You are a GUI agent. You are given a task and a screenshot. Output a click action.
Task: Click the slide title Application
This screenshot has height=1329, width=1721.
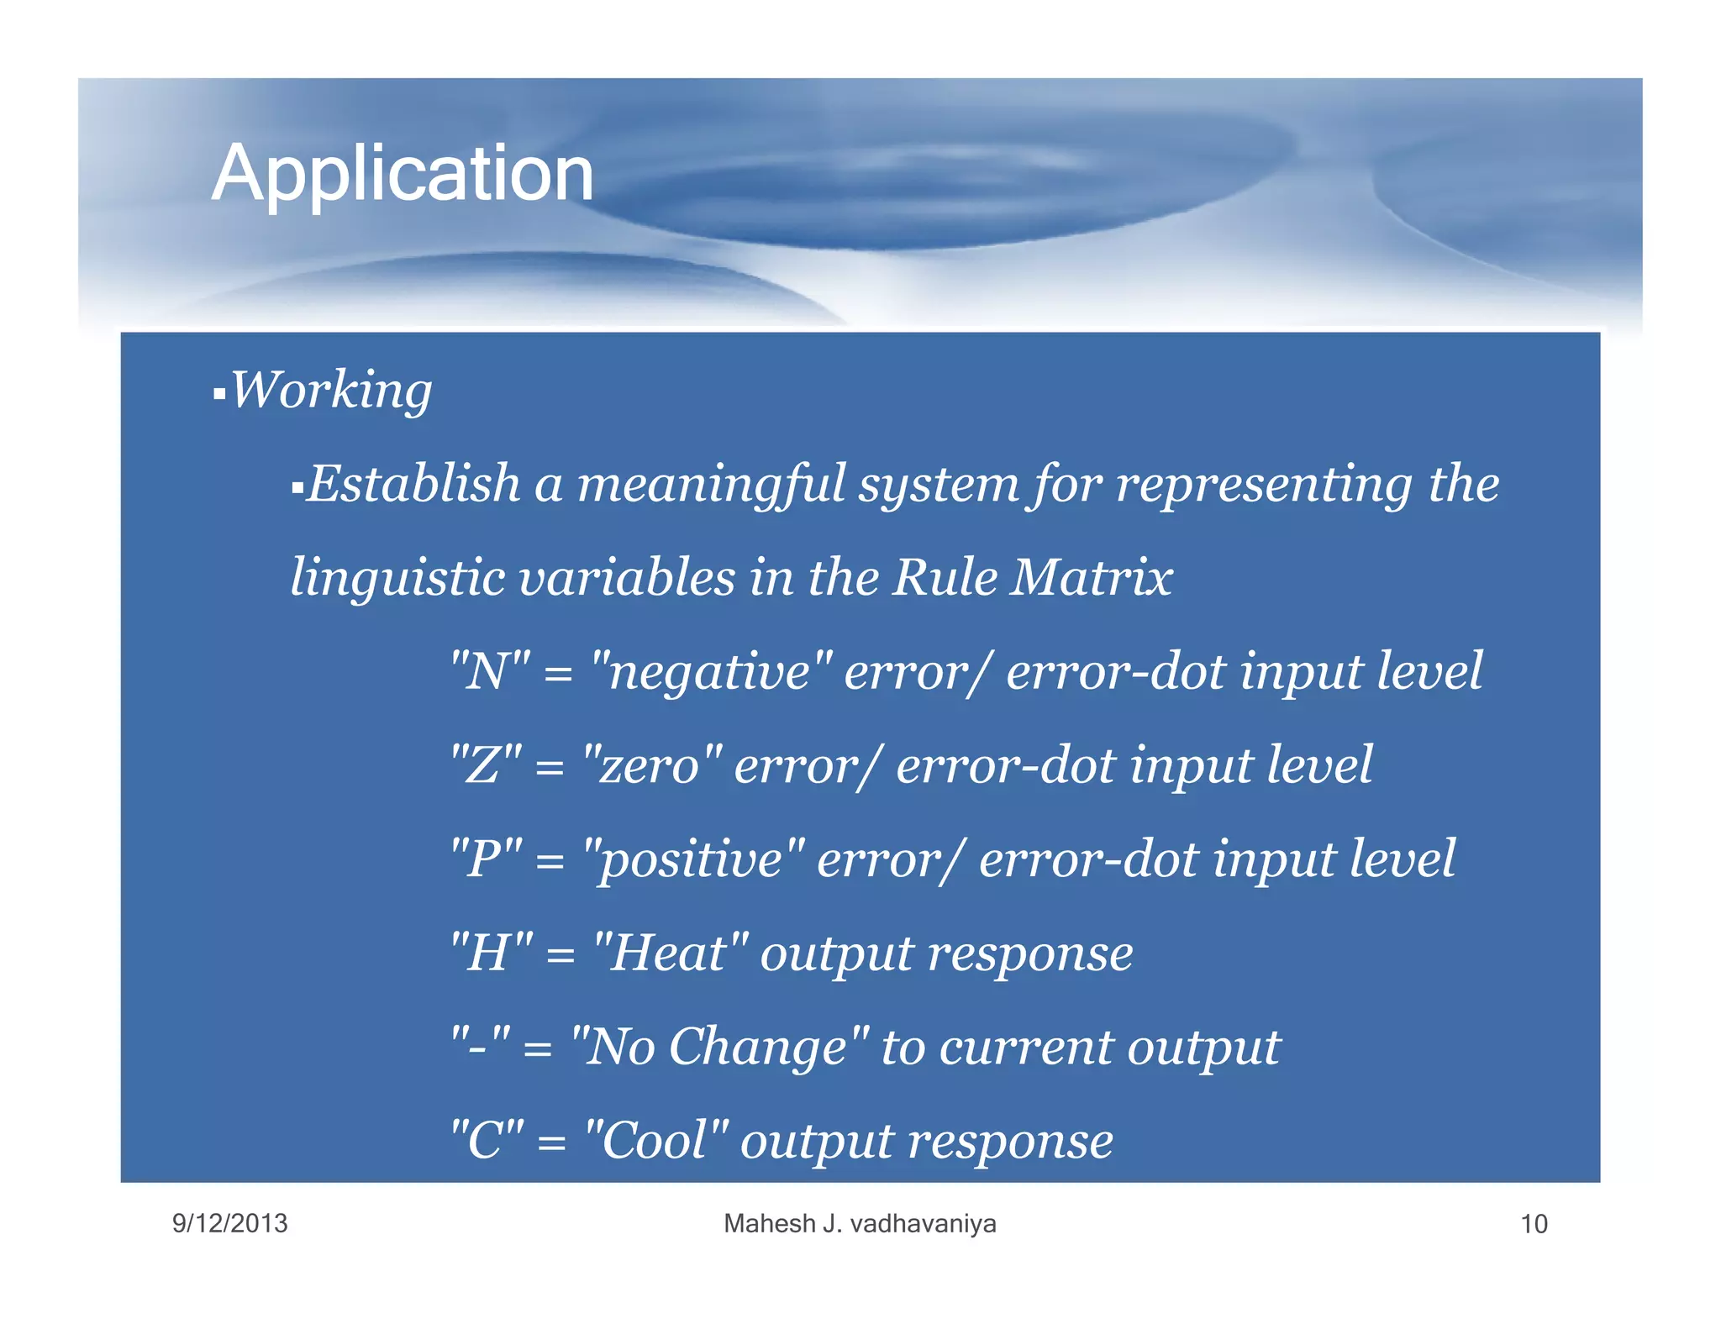point(403,174)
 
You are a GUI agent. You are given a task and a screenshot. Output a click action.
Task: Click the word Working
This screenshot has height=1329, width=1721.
point(331,391)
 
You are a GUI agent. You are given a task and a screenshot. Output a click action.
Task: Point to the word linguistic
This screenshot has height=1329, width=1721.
point(396,579)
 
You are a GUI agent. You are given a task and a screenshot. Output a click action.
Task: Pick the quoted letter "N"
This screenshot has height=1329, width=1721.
point(491,672)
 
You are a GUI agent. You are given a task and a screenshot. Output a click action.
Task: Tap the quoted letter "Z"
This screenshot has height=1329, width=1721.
point(486,766)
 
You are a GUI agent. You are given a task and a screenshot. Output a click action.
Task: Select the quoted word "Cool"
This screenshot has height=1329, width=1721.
point(656,1142)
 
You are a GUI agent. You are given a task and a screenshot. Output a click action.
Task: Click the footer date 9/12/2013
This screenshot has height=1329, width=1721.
point(229,1223)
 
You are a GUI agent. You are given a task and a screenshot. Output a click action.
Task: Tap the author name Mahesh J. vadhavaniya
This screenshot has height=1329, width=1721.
point(860,1224)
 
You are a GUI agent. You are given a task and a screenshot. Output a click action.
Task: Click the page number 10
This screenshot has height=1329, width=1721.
point(1534,1224)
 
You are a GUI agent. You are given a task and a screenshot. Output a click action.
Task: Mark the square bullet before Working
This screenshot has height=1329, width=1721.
point(219,393)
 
